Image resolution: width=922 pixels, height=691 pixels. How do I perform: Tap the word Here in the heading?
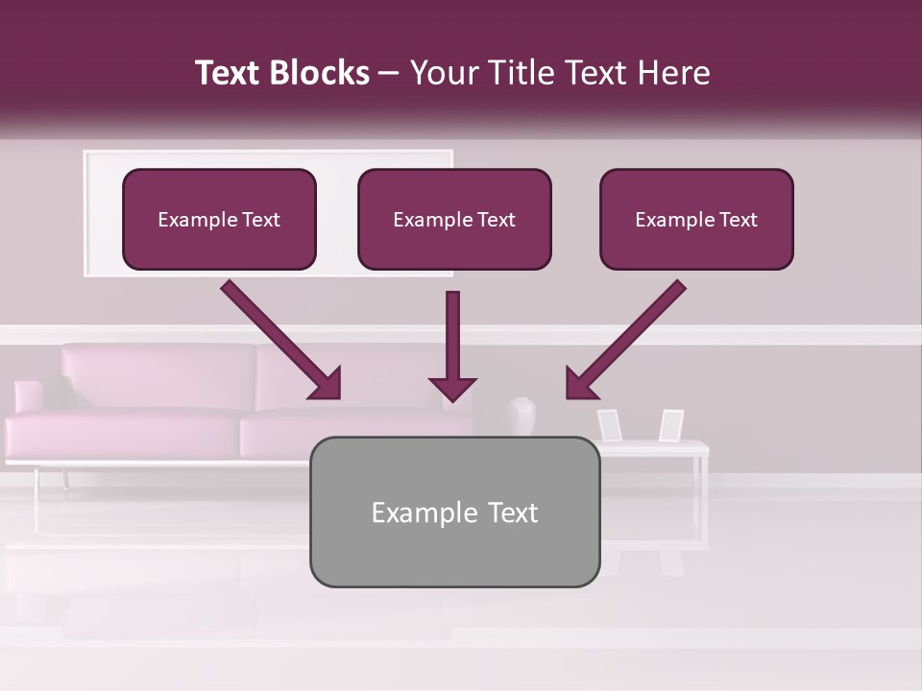coord(676,73)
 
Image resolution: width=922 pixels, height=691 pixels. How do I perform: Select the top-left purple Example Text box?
coord(219,219)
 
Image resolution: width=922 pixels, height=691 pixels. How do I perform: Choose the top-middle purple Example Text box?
coord(454,219)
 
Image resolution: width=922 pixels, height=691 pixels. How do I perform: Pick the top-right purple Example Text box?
coord(696,219)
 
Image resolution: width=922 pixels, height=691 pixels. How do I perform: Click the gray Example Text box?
coord(454,512)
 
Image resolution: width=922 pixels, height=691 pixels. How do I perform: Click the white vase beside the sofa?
coord(521,417)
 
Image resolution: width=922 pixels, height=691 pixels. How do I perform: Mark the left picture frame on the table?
coord(609,424)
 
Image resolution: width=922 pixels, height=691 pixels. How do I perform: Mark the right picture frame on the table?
coord(671,424)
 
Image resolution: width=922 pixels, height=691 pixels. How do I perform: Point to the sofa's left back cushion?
coord(158,376)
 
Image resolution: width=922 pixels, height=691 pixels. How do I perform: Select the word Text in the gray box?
coord(512,512)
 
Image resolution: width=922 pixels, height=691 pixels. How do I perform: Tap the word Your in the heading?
coord(439,73)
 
